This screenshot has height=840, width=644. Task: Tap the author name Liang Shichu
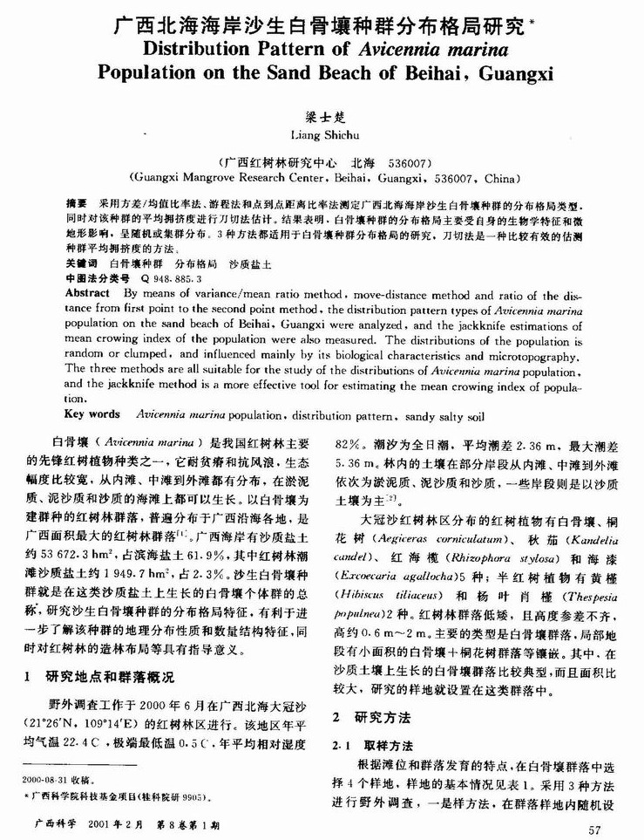tap(320, 136)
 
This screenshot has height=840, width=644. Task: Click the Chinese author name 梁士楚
tap(320, 117)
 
